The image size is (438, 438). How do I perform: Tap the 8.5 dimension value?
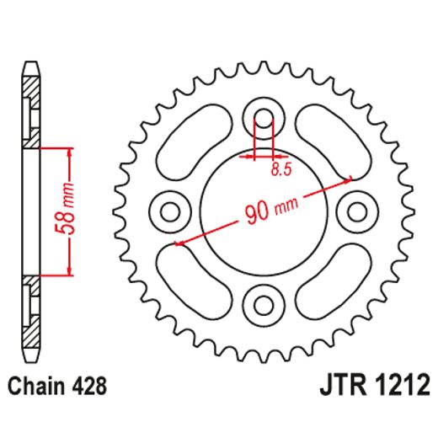(282, 169)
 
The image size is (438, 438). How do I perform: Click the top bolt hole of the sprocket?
(264, 119)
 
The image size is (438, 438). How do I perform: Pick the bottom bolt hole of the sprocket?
(264, 301)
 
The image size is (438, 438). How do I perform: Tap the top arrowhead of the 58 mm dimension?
(67, 151)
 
